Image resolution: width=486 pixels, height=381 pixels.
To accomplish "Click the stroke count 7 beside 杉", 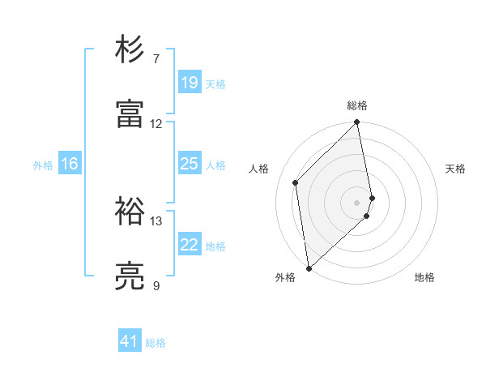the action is pos(156,59).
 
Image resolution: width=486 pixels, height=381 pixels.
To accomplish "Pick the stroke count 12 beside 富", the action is pos(156,124).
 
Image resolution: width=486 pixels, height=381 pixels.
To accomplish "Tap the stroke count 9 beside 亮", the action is pos(156,286).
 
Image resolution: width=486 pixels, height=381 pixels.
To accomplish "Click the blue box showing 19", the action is pos(190,83).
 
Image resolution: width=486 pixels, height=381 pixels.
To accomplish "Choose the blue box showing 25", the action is pos(190,164).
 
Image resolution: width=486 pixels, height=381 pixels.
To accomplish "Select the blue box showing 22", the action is pos(190,245).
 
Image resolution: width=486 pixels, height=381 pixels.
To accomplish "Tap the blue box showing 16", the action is pos(70,164).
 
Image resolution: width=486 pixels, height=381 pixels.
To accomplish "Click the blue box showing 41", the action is pos(130,342).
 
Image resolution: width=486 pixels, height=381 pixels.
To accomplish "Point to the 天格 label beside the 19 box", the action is pos(215,83).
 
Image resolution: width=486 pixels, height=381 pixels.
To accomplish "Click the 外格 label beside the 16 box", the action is pos(43,165).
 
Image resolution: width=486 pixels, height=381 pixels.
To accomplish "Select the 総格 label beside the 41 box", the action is pos(156,343).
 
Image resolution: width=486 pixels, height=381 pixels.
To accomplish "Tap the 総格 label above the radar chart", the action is pos(357,105).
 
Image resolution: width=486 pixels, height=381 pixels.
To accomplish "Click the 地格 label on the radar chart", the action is pos(424,277).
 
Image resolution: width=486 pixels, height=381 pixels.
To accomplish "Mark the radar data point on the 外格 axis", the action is pos(309,268).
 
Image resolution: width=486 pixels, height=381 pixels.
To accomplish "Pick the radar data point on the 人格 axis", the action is pos(296,182).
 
